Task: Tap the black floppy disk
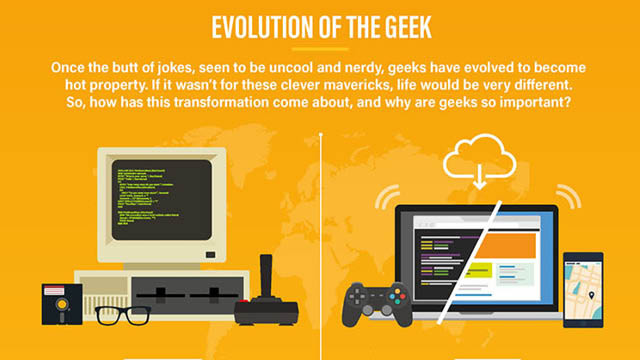[x=62, y=304]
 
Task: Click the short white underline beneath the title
[x=320, y=47]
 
